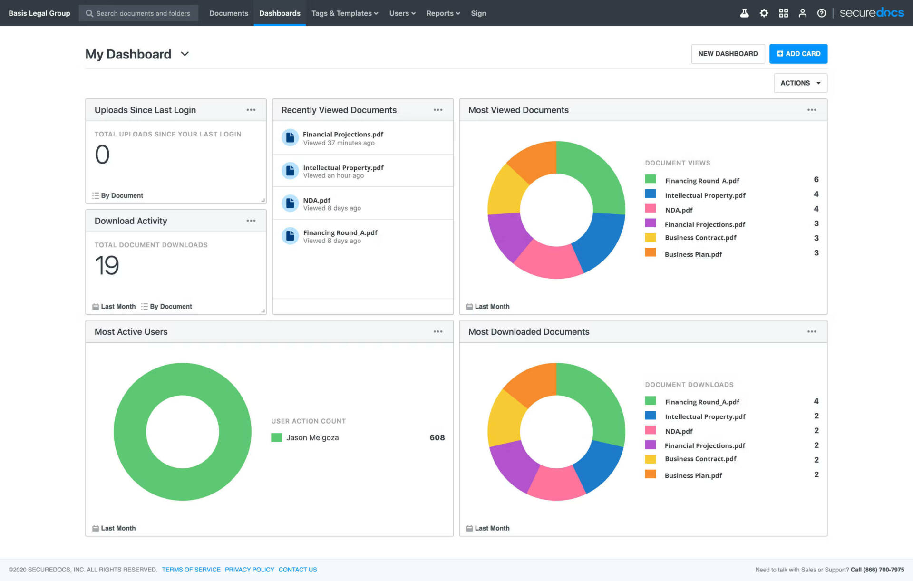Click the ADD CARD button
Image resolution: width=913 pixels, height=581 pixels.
(x=798, y=54)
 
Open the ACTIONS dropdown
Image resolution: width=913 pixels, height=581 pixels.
(x=800, y=83)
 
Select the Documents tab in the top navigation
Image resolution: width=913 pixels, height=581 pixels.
(x=229, y=13)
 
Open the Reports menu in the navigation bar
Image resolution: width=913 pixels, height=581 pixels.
(x=443, y=13)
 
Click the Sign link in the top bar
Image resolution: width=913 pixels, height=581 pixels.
(x=478, y=13)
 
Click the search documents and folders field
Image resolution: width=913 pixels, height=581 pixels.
(x=143, y=13)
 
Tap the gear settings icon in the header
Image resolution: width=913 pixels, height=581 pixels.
(x=764, y=13)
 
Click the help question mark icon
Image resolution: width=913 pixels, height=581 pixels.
(x=821, y=13)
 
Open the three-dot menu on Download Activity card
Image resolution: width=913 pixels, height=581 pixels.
(x=251, y=221)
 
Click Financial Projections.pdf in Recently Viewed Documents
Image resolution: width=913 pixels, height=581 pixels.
(x=343, y=135)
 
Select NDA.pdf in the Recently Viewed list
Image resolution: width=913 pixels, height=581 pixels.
(x=317, y=201)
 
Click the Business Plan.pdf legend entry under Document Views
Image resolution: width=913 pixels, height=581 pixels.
(x=693, y=254)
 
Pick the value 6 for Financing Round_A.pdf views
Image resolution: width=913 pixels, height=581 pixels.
(x=816, y=180)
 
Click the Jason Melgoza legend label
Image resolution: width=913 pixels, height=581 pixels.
(x=312, y=437)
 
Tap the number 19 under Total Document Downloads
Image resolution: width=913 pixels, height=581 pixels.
(x=107, y=265)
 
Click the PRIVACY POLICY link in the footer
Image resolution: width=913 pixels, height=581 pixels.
(x=249, y=570)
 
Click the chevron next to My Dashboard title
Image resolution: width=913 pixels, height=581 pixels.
(x=185, y=54)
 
